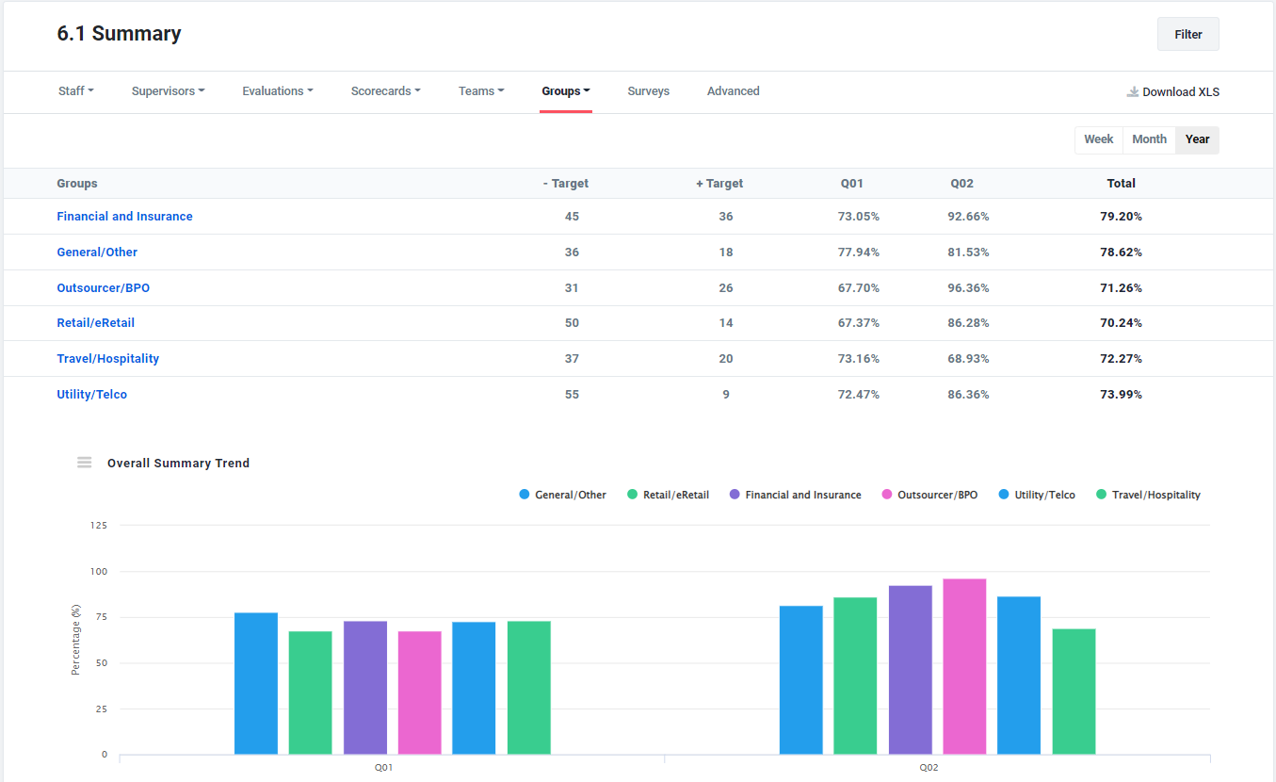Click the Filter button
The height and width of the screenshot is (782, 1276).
[1187, 34]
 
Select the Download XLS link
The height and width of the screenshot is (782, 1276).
[1173, 91]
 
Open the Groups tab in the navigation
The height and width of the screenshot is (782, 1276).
[565, 91]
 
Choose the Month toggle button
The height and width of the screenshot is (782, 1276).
[1149, 139]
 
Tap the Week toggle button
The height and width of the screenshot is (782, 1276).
[1098, 139]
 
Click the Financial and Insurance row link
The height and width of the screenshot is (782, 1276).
[124, 217]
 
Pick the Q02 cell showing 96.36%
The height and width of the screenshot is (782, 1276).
[968, 287]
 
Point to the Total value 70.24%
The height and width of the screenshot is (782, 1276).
[1121, 323]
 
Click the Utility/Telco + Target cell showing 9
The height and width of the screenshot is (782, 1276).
[725, 395]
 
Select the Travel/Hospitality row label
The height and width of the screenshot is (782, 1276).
[107, 359]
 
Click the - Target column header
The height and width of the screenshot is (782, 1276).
[566, 184]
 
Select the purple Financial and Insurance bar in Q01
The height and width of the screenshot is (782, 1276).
[364, 687]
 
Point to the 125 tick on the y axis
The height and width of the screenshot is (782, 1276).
[99, 525]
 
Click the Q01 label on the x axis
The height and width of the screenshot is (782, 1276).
[383, 768]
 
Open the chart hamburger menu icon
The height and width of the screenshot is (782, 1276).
[85, 463]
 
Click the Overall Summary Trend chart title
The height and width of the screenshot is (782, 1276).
[178, 464]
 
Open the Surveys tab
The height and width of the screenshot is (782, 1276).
[648, 91]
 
